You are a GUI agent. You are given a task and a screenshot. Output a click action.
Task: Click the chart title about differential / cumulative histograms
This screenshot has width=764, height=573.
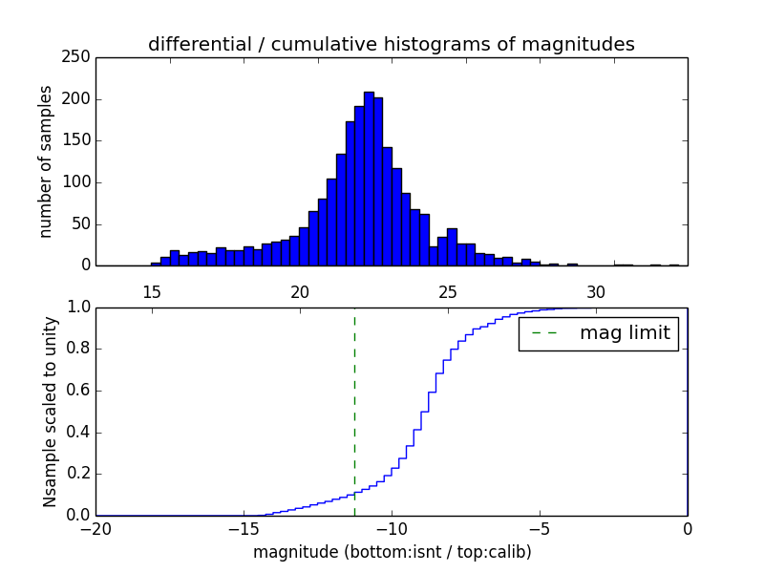pos(391,44)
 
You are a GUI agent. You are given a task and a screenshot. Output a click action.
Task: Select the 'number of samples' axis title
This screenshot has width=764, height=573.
pos(46,161)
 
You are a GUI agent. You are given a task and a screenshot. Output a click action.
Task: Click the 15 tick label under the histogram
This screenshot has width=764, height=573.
pos(151,292)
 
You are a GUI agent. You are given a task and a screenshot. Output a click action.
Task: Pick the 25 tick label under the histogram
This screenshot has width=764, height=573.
pos(447,292)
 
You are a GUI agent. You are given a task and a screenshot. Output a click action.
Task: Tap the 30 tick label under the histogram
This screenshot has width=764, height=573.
pos(596,292)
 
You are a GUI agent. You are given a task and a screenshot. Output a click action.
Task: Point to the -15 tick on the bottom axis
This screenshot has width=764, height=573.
pos(243,528)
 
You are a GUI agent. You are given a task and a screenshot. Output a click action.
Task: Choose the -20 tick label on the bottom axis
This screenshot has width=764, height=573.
pos(95,528)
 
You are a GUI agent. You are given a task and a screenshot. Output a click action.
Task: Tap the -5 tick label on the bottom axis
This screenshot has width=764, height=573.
pos(539,528)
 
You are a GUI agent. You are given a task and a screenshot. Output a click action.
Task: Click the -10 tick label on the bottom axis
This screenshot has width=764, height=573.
pos(391,528)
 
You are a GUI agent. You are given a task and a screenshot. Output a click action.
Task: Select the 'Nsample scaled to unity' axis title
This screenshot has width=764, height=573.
pos(50,411)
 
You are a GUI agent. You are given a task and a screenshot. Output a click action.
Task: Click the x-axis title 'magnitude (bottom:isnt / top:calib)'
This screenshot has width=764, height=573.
pos(392,552)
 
